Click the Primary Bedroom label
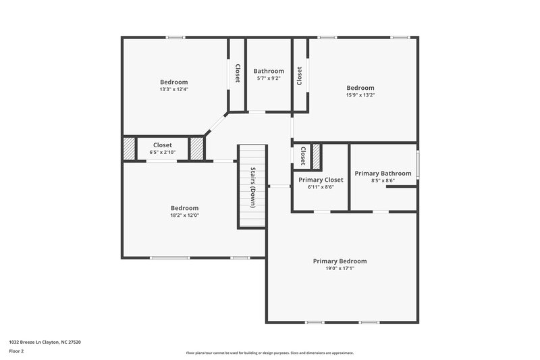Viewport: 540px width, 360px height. pos(340,261)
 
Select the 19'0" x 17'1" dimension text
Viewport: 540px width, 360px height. pos(340,268)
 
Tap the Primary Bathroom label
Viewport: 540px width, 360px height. pos(383,173)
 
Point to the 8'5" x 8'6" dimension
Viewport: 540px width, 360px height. pos(383,180)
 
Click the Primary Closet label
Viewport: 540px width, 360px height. pos(321,180)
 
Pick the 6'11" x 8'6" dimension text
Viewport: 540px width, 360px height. pos(321,187)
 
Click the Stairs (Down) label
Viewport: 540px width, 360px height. pos(252,186)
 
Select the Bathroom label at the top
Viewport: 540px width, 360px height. pos(268,71)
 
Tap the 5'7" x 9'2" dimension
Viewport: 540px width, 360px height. pos(268,78)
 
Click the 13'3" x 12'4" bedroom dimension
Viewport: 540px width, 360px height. pos(173,89)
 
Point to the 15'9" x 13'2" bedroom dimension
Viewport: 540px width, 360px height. pos(360,95)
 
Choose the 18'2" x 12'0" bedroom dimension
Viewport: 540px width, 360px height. pos(184,215)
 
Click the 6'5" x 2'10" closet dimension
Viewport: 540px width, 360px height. pos(162,153)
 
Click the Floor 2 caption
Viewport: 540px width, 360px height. pos(18,351)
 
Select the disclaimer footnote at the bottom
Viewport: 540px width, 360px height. pos(269,353)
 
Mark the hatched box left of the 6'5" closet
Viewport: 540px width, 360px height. pos(128,149)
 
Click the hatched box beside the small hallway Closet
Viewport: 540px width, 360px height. pos(315,155)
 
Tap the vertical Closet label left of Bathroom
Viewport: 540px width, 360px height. pos(237,73)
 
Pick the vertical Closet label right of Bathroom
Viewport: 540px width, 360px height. pos(299,74)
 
